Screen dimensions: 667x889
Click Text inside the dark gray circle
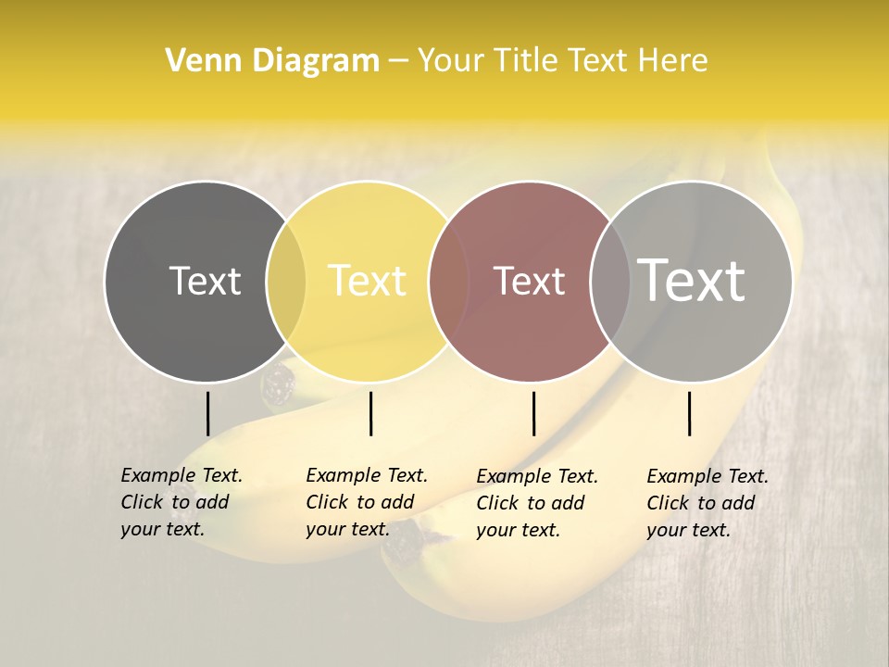pyautogui.click(x=205, y=281)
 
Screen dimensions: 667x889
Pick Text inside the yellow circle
pyautogui.click(x=368, y=281)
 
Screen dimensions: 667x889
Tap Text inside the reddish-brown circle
pyautogui.click(x=530, y=281)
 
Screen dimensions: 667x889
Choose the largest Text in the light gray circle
pyautogui.click(x=692, y=280)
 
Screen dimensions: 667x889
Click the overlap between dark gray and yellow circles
pyautogui.click(x=286, y=282)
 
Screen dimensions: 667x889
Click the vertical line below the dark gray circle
pyautogui.click(x=207, y=413)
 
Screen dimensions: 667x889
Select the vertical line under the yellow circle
pyautogui.click(x=370, y=413)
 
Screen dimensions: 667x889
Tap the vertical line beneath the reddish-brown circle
pyautogui.click(x=533, y=413)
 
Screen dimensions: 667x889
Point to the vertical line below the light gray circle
pyautogui.click(x=689, y=413)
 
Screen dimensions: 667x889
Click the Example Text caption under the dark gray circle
pyautogui.click(x=181, y=502)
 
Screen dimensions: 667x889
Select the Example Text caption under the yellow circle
pyautogui.click(x=366, y=502)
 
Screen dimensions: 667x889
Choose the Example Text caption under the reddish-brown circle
pyautogui.click(x=536, y=503)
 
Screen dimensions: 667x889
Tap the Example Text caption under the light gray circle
pyautogui.click(x=707, y=503)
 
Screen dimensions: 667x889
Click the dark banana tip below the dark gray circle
pyautogui.click(x=277, y=386)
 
